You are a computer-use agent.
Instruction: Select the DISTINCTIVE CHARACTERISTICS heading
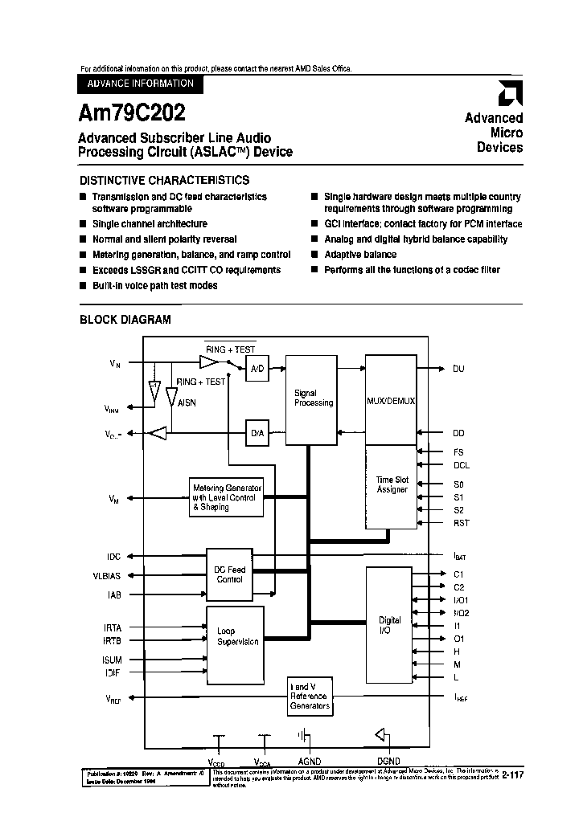(x=164, y=180)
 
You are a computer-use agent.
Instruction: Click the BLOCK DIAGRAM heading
(x=125, y=319)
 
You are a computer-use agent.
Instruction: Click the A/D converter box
(x=257, y=369)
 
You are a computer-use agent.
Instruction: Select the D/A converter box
(x=257, y=433)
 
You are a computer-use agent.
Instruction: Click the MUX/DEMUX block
(x=390, y=399)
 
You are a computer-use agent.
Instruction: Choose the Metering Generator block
(x=227, y=497)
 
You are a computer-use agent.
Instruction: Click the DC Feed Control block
(x=229, y=574)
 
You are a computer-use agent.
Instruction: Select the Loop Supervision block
(x=237, y=637)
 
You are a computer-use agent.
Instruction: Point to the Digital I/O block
(x=389, y=625)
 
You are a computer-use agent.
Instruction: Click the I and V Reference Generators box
(x=310, y=696)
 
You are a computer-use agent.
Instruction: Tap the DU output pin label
(x=458, y=369)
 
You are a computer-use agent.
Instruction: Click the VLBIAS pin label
(x=106, y=575)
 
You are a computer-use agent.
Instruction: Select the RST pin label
(x=461, y=523)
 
